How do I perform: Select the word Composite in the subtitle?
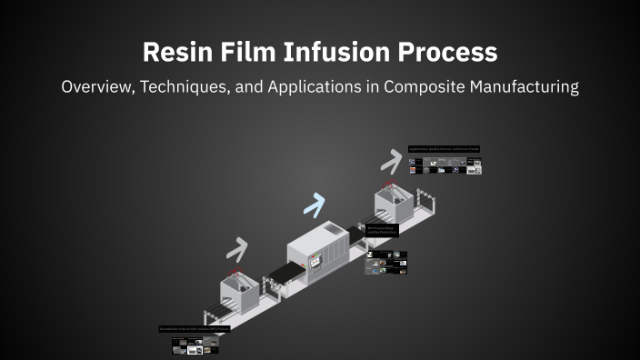pos(454,87)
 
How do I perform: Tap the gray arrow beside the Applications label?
pos(391,161)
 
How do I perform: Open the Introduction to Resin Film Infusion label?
pos(194,329)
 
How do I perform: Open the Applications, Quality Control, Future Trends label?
pos(444,148)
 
